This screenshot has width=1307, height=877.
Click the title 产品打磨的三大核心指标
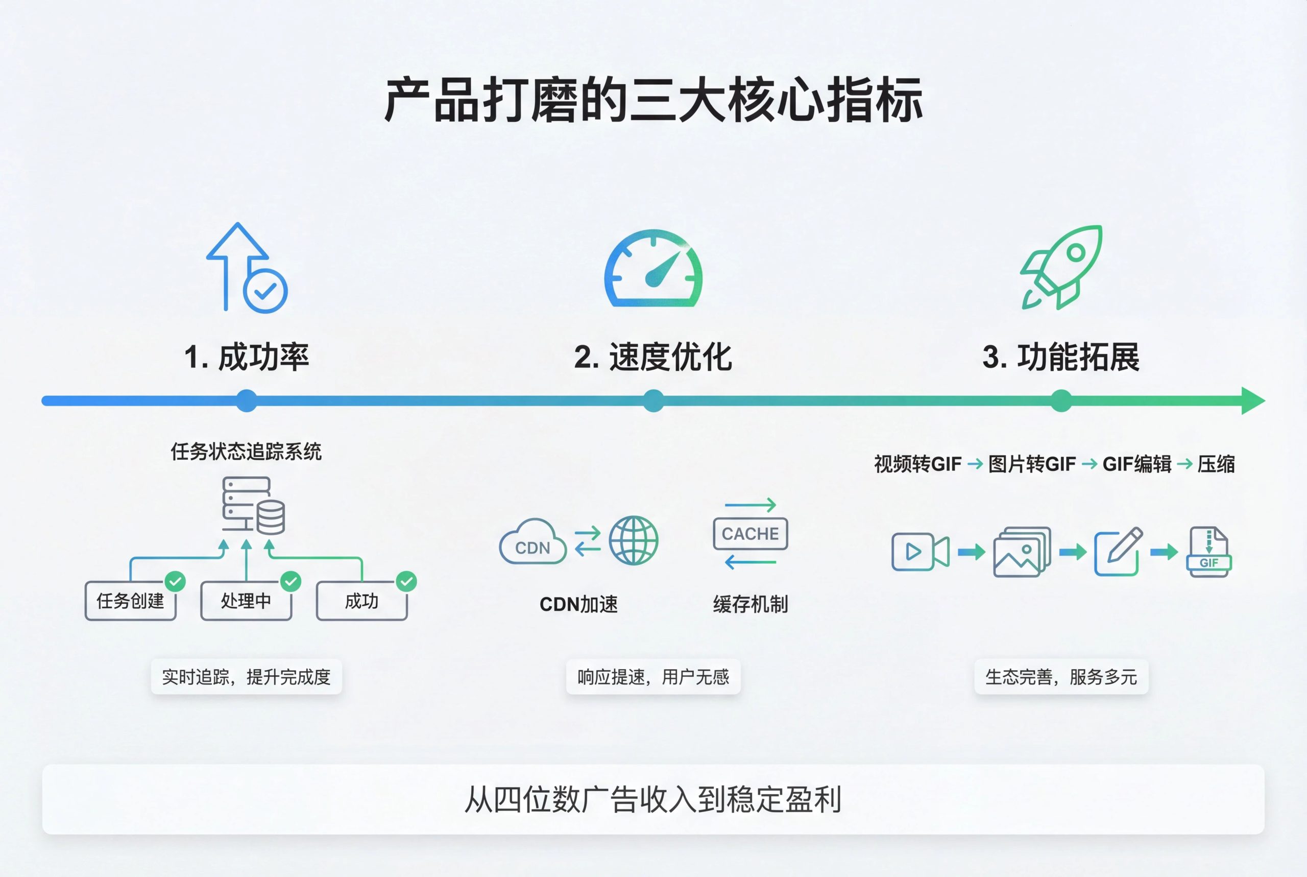point(653,101)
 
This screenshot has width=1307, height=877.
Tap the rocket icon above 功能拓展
point(1061,267)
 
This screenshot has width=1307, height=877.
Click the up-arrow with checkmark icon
point(247,269)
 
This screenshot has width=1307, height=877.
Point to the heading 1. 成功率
point(247,357)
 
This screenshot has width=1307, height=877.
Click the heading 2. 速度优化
point(653,357)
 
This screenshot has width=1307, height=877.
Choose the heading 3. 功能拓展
point(1061,357)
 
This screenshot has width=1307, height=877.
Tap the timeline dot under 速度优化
point(653,401)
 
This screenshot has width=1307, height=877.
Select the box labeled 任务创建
point(130,601)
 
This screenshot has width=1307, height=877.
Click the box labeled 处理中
point(246,601)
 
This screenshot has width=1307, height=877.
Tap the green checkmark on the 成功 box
point(406,582)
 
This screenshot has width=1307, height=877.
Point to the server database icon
point(253,505)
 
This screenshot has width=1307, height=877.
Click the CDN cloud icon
point(532,542)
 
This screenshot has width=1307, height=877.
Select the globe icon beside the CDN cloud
point(634,540)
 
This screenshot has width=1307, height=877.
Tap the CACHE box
point(750,534)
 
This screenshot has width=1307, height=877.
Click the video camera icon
point(919,552)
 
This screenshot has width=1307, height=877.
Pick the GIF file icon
point(1208,552)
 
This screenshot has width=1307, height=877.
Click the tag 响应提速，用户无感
point(653,677)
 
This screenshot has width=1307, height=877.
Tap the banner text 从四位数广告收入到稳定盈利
point(653,800)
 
